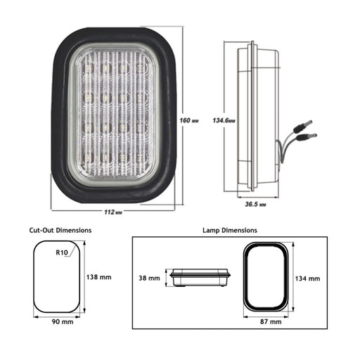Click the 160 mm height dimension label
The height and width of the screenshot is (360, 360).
(189, 120)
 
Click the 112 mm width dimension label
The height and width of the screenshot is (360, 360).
(113, 212)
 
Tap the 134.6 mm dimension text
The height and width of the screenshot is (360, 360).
(224, 120)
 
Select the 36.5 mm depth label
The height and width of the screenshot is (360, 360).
(255, 204)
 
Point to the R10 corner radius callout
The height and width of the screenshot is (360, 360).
(62, 252)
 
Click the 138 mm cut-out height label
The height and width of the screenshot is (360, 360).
(98, 277)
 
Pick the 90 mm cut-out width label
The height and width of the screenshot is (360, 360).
(63, 322)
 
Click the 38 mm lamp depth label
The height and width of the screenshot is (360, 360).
(149, 278)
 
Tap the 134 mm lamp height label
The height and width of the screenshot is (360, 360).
(307, 278)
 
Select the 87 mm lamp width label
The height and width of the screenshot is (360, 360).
(271, 322)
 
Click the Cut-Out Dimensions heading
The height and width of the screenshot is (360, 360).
(60, 230)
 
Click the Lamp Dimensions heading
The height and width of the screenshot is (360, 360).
(230, 230)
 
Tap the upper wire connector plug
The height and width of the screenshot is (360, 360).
(303, 125)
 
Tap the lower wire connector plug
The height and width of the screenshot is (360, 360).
(307, 136)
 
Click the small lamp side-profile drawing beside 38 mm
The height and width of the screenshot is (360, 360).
(200, 278)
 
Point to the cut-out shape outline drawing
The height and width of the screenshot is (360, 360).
(34, 276)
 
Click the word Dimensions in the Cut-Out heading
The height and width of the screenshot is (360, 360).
(74, 230)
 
